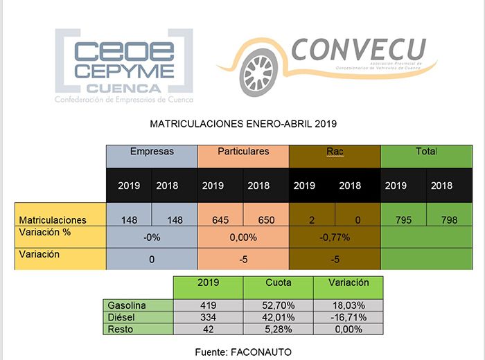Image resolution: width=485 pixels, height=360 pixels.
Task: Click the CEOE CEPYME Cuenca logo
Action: [x=123, y=66]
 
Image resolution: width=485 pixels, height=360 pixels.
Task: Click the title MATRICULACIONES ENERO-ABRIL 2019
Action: [x=242, y=125]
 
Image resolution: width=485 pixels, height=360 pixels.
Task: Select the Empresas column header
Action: [x=152, y=152]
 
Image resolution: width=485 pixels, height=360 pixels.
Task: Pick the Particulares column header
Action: [x=242, y=152]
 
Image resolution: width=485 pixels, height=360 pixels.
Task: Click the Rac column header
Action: [x=335, y=152]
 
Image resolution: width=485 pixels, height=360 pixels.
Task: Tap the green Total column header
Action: [x=426, y=152]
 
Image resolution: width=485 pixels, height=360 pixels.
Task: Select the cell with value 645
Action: [x=220, y=219]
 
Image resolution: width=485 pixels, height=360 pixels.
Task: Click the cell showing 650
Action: [x=266, y=219]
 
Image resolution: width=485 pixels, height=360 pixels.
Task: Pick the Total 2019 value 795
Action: [x=403, y=219]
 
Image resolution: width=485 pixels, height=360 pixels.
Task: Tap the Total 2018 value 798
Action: [x=449, y=219]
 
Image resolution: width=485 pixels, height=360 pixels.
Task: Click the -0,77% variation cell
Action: [x=335, y=237]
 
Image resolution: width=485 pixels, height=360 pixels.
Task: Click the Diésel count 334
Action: [x=208, y=317]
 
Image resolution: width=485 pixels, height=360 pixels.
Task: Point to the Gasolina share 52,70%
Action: [x=278, y=305]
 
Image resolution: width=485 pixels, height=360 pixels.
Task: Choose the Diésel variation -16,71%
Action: [x=348, y=317]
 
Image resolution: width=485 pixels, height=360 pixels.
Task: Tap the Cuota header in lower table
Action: [x=278, y=283]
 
